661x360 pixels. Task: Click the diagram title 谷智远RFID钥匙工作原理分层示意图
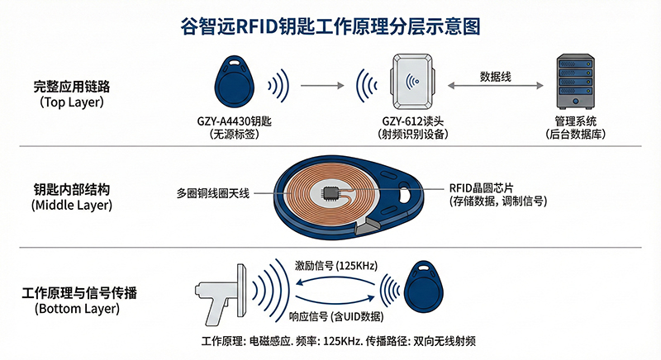tap(330, 26)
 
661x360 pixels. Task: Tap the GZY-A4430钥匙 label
tap(235, 121)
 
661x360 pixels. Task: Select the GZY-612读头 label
tap(412, 121)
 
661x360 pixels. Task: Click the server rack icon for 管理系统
tap(575, 81)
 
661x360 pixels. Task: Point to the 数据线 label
tap(495, 77)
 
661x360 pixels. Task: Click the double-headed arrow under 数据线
tap(495, 86)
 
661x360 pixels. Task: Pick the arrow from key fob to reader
tap(322, 86)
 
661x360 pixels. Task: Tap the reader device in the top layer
tap(412, 81)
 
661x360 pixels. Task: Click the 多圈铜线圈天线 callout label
tap(213, 193)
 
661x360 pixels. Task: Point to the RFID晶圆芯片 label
tap(481, 188)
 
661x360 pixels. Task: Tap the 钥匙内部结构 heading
tap(72, 189)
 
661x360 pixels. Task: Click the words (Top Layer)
tap(72, 102)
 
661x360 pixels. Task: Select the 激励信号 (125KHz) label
tap(336, 266)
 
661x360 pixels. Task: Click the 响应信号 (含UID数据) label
tap(336, 316)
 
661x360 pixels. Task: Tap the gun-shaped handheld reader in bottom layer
tap(221, 293)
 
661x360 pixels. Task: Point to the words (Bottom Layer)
tap(77, 309)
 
